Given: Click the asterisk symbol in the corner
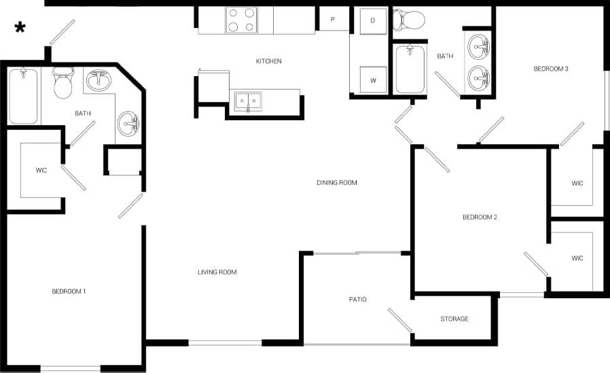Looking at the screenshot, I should pos(20,27).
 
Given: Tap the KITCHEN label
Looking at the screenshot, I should pos(268,61).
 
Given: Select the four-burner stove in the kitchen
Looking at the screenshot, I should pos(241,20).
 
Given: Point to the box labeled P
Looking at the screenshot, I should pos(333,20).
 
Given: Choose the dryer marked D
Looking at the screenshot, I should pos(372,21).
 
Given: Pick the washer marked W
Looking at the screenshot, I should pos(372,79).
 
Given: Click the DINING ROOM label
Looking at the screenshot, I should pos(336,183).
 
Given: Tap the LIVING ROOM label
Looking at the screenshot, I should pos(217,272).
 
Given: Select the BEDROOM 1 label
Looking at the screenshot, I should pos(69,291).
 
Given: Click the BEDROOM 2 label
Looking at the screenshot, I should pos(480,217).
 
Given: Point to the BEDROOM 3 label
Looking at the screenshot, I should pos(550,69).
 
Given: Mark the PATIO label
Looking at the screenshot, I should pos(357,299).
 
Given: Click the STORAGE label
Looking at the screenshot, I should pos(454,319).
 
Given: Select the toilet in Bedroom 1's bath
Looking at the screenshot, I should pos(63,83).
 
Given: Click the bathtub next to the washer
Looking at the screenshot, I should pos(410,69).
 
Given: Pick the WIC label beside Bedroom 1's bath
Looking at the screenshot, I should pos(41,170).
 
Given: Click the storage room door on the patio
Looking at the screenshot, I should pos(400,321).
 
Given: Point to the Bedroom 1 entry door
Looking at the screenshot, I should pos(130,206).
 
